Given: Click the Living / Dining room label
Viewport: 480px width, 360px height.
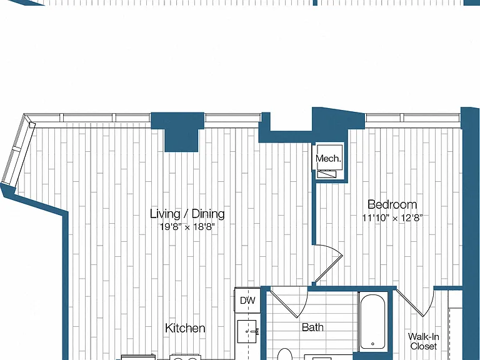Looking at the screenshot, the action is (187, 214).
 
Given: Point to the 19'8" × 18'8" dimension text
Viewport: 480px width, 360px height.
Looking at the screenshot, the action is (187, 227).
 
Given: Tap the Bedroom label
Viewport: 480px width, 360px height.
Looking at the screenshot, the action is (392, 204).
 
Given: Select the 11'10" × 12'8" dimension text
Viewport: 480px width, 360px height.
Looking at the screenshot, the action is (392, 218).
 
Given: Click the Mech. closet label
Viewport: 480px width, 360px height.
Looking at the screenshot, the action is (328, 159).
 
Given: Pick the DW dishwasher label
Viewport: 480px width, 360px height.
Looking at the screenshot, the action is (247, 300).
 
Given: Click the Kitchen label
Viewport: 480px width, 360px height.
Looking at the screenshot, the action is (185, 328).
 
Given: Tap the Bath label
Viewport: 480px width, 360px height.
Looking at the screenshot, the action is (312, 327).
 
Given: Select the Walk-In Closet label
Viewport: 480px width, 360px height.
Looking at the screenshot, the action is (424, 341).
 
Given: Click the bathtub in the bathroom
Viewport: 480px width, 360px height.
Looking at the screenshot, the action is (373, 321).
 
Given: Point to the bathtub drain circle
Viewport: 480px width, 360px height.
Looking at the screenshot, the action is (373, 344).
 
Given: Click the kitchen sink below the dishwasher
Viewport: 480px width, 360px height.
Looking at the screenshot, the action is (247, 332).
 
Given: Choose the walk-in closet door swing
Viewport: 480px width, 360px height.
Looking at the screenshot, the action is (416, 303).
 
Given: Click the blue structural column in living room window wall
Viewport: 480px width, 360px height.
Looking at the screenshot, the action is (178, 132).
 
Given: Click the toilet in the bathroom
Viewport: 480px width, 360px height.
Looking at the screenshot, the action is (285, 354).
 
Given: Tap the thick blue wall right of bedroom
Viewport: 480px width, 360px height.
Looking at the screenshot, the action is (470, 233).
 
